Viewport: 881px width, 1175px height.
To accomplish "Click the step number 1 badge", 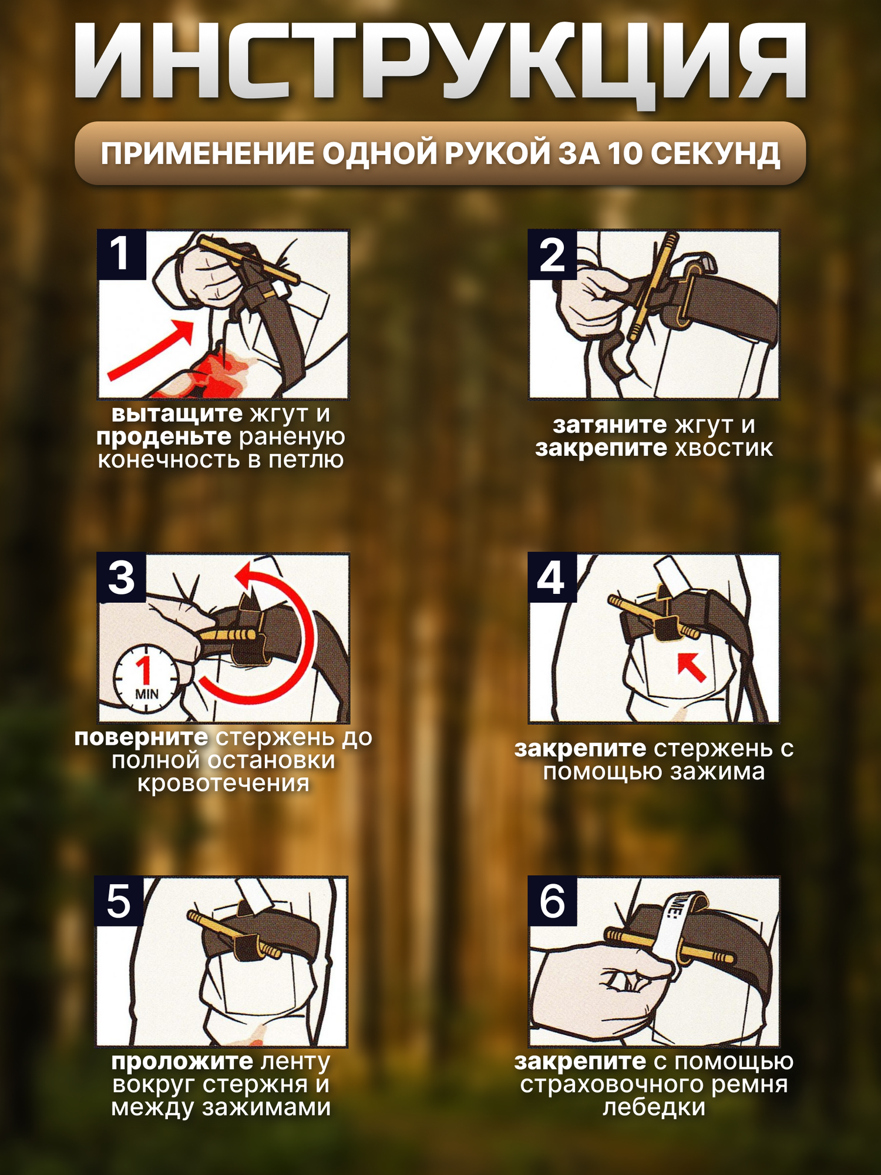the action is pyautogui.click(x=122, y=254).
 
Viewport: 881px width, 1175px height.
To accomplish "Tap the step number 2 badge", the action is pyautogui.click(x=552, y=254).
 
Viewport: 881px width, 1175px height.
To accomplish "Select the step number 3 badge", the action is pyautogui.click(x=122, y=578).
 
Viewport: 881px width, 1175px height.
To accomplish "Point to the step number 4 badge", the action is pyautogui.click(x=552, y=578).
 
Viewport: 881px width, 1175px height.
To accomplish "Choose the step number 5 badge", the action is pyautogui.click(x=119, y=901).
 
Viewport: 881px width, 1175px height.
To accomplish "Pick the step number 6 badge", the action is pyautogui.click(x=552, y=901).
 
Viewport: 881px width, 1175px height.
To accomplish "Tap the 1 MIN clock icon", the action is pyautogui.click(x=145, y=679).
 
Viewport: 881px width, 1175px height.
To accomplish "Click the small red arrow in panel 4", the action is pyautogui.click(x=691, y=667).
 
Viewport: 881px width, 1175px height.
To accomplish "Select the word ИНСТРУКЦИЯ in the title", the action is pyautogui.click(x=441, y=62).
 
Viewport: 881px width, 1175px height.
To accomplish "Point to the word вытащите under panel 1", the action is pyautogui.click(x=177, y=414).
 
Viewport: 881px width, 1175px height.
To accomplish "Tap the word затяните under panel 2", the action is pyautogui.click(x=610, y=425).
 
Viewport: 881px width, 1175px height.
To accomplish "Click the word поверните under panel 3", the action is pyautogui.click(x=141, y=737).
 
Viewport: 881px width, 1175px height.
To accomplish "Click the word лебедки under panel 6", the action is pyautogui.click(x=654, y=1107).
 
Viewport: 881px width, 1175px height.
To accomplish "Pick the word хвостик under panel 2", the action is pyautogui.click(x=724, y=448).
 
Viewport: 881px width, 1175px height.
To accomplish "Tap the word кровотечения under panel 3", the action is pyautogui.click(x=223, y=784).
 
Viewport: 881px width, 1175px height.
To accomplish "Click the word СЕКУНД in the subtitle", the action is pyautogui.click(x=715, y=154).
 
